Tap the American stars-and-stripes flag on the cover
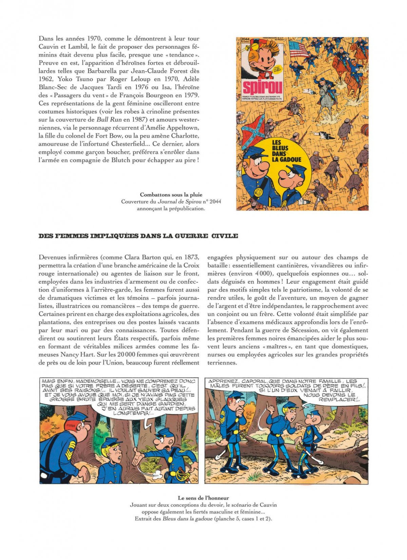[x=299, y=49]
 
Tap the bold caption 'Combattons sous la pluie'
[x=171, y=194]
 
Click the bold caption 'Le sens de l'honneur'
[x=203, y=498]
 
